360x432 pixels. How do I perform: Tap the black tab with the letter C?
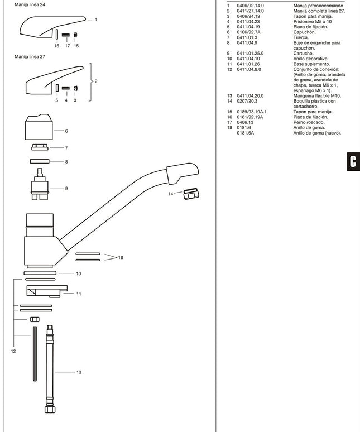[353, 161]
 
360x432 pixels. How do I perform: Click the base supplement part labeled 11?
[46, 292]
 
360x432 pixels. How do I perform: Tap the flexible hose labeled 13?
[51, 371]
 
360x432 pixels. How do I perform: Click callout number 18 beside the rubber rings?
[121, 257]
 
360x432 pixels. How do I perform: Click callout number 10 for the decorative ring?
[79, 273]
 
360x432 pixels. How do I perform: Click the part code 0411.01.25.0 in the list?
[250, 53]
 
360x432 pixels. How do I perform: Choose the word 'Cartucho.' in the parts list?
[303, 53]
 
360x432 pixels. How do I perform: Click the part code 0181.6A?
[244, 133]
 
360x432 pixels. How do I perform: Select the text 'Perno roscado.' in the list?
[308, 122]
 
